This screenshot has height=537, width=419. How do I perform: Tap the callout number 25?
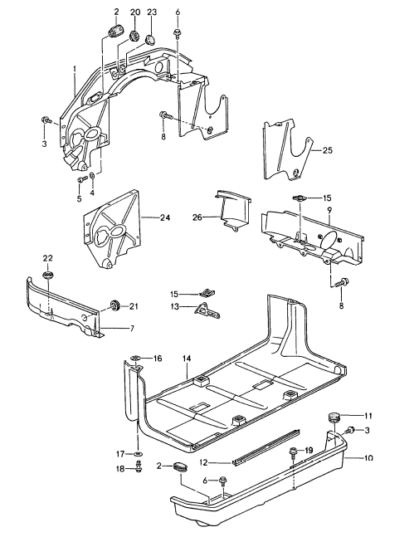327,150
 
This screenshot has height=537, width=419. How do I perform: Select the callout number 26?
197,218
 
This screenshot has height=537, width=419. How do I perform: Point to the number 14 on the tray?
188,358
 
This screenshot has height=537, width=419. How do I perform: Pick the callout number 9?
329,211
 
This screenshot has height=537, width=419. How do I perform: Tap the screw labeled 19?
294,452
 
